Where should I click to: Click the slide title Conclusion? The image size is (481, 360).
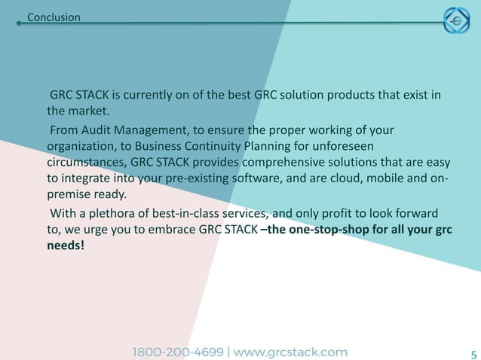pos(54,17)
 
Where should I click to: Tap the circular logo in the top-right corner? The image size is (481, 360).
pos(455,22)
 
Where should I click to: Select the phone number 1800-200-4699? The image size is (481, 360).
pos(179,352)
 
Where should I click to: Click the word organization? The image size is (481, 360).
pos(81,146)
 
